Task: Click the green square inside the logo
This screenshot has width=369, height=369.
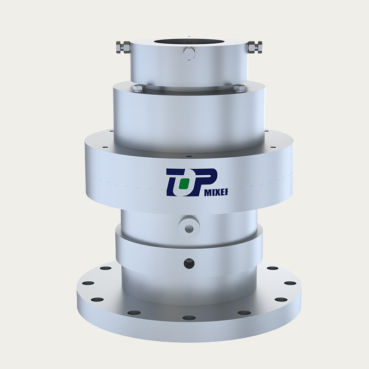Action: click(184, 184)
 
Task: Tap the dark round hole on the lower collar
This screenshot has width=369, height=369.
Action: click(189, 263)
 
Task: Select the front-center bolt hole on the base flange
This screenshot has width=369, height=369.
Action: click(189, 318)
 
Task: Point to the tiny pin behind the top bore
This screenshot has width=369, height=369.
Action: click(189, 35)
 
